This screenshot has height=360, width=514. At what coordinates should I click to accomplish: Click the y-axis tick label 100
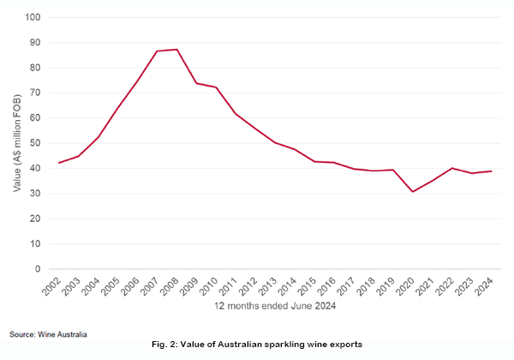(33, 17)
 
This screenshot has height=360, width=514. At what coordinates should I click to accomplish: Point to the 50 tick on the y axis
(36, 143)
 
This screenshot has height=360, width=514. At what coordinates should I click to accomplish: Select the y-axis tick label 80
(36, 68)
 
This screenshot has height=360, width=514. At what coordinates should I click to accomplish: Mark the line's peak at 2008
(176, 49)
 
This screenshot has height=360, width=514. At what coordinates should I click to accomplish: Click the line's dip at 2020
(412, 191)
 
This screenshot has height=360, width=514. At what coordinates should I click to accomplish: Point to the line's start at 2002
(59, 163)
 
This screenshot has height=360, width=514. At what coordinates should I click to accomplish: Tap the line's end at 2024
(490, 171)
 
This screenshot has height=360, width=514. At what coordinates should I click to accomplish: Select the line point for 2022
(451, 168)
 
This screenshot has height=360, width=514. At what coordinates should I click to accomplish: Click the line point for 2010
(216, 87)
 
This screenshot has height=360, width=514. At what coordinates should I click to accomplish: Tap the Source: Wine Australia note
(49, 333)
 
